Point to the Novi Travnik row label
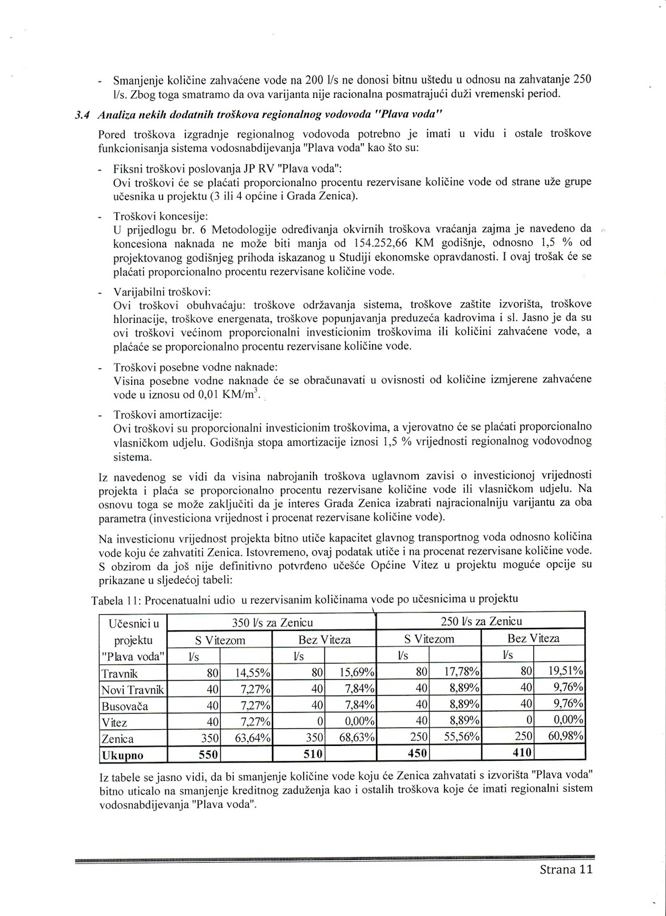(x=132, y=689)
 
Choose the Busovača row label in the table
(x=124, y=706)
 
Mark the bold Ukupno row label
(x=122, y=755)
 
